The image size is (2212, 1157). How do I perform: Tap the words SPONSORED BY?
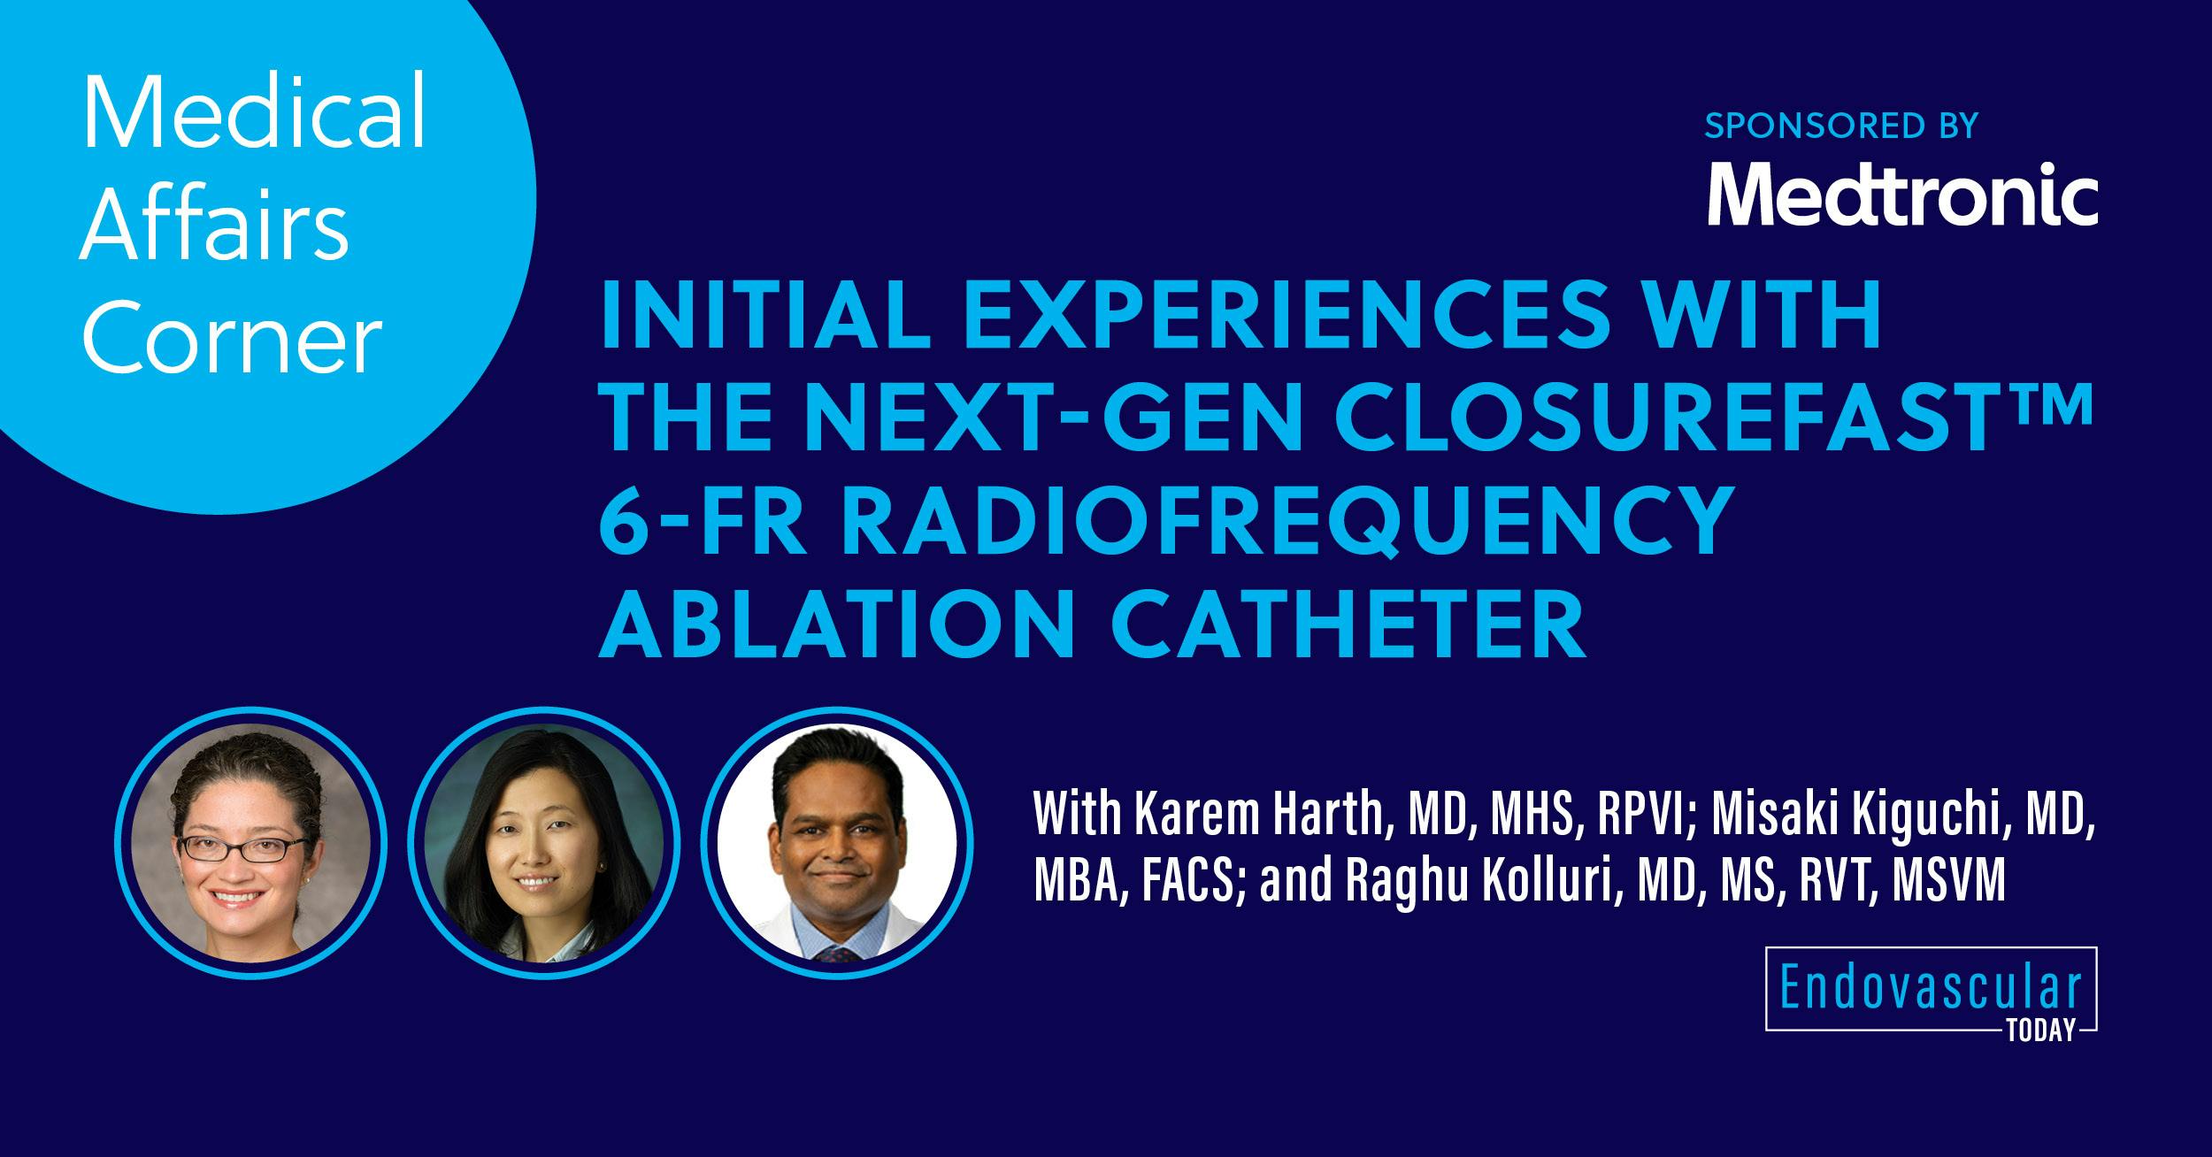(x=1841, y=126)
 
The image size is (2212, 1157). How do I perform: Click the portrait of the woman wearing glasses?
(x=250, y=840)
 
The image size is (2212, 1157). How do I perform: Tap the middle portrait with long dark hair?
(x=544, y=840)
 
